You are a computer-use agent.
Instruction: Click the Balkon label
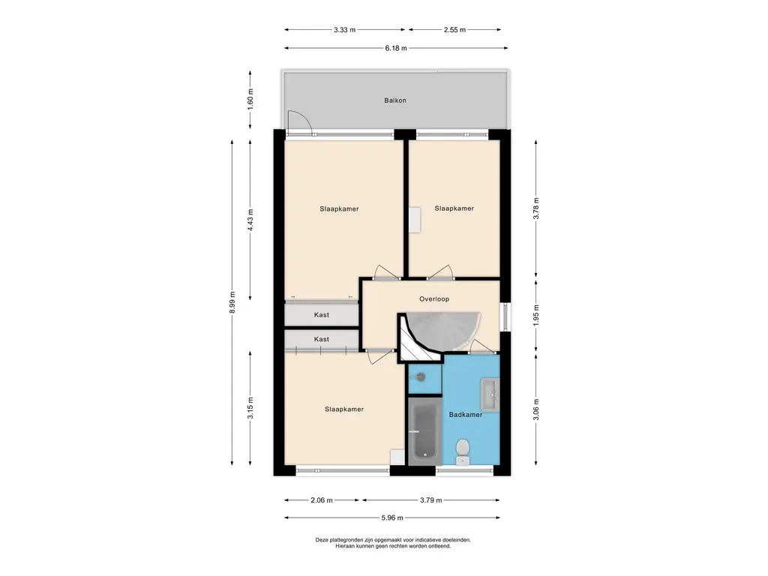(x=394, y=100)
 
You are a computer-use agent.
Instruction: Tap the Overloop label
(x=434, y=298)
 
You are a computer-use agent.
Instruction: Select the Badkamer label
(x=465, y=414)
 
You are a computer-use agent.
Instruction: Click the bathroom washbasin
(x=489, y=394)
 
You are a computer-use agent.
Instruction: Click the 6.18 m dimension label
(x=396, y=48)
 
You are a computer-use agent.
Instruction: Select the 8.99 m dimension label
(x=232, y=303)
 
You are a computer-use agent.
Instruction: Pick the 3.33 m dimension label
(x=344, y=29)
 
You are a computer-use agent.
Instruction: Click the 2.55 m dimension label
(x=454, y=29)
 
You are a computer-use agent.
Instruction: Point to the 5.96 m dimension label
(x=392, y=517)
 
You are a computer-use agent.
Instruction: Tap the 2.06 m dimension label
(x=322, y=500)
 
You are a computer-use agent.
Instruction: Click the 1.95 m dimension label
(x=535, y=316)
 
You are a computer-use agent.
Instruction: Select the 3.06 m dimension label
(x=535, y=409)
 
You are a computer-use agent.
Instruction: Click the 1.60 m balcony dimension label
(x=250, y=100)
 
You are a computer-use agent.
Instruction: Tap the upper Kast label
(x=321, y=315)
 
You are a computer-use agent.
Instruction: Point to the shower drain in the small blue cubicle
(x=420, y=376)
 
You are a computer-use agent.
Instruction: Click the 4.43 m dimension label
(x=250, y=220)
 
